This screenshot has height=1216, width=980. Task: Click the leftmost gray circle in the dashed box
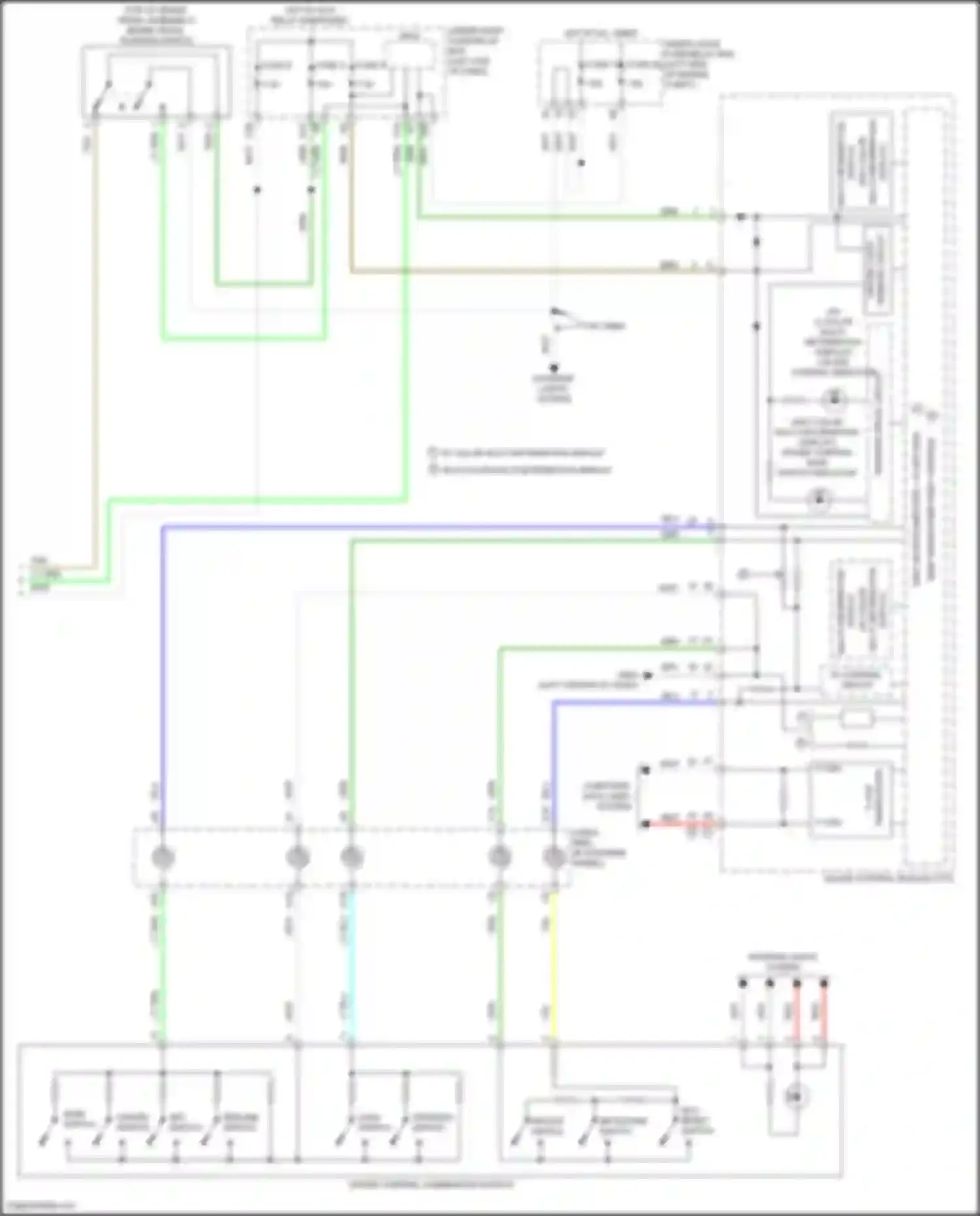163,857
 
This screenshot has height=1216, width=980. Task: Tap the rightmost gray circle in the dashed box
554,857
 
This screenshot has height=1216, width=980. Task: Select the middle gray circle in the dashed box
351,857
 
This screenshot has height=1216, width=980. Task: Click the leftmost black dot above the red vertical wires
742,982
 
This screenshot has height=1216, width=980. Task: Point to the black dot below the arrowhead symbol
554,368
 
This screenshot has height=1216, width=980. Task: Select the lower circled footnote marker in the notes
433,469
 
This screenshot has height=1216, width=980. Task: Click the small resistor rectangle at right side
856,719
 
